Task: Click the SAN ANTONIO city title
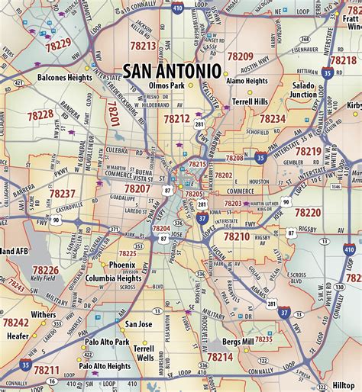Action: click(x=172, y=70)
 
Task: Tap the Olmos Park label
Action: click(x=166, y=86)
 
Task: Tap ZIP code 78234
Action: click(x=272, y=119)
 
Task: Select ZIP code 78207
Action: click(x=137, y=188)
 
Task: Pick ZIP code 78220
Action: click(x=309, y=212)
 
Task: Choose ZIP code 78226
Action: click(x=45, y=270)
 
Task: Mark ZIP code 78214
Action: click(x=220, y=356)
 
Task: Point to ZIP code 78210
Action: click(x=236, y=237)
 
